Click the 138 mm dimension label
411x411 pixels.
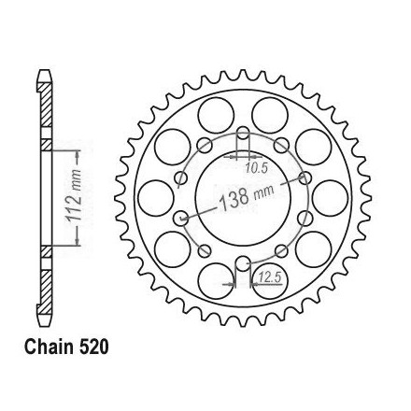coord(247,197)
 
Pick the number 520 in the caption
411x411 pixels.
coord(93,347)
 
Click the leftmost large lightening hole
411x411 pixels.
coord(155,198)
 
